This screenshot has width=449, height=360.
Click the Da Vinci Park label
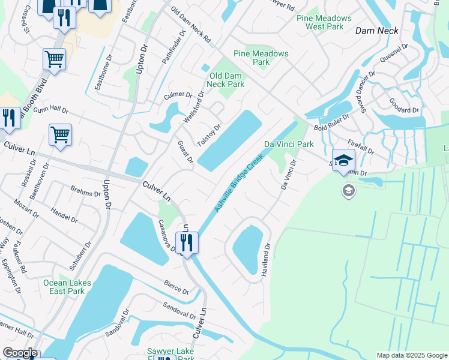[289, 145]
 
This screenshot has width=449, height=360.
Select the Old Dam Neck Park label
[226, 80]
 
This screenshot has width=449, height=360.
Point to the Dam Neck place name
[377, 30]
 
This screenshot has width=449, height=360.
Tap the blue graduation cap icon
[343, 160]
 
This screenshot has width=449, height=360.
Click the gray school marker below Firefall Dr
[348, 191]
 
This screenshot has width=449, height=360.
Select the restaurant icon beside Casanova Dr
[187, 243]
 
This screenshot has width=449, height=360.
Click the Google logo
[19, 353]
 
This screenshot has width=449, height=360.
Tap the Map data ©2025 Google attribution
[411, 355]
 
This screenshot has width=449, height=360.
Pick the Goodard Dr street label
[403, 110]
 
